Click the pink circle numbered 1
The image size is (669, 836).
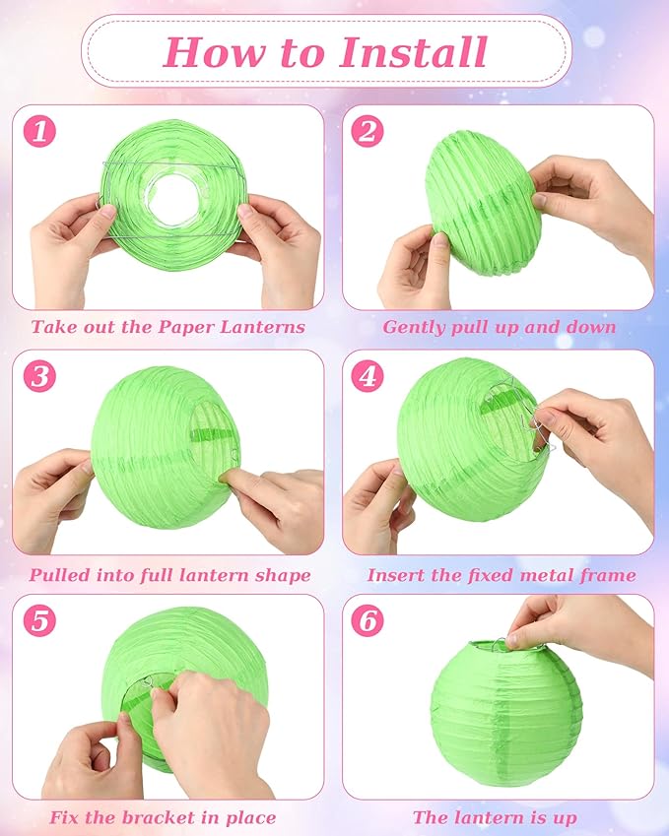[40, 131]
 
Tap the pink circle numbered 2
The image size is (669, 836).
[368, 131]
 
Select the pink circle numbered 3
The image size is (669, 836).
[40, 376]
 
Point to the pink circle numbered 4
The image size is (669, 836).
[368, 376]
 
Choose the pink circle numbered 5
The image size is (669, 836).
[40, 620]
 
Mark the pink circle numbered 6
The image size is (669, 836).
[368, 620]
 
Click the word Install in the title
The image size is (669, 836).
[414, 52]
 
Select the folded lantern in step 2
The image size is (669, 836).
[483, 203]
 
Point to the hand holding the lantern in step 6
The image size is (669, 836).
[578, 628]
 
